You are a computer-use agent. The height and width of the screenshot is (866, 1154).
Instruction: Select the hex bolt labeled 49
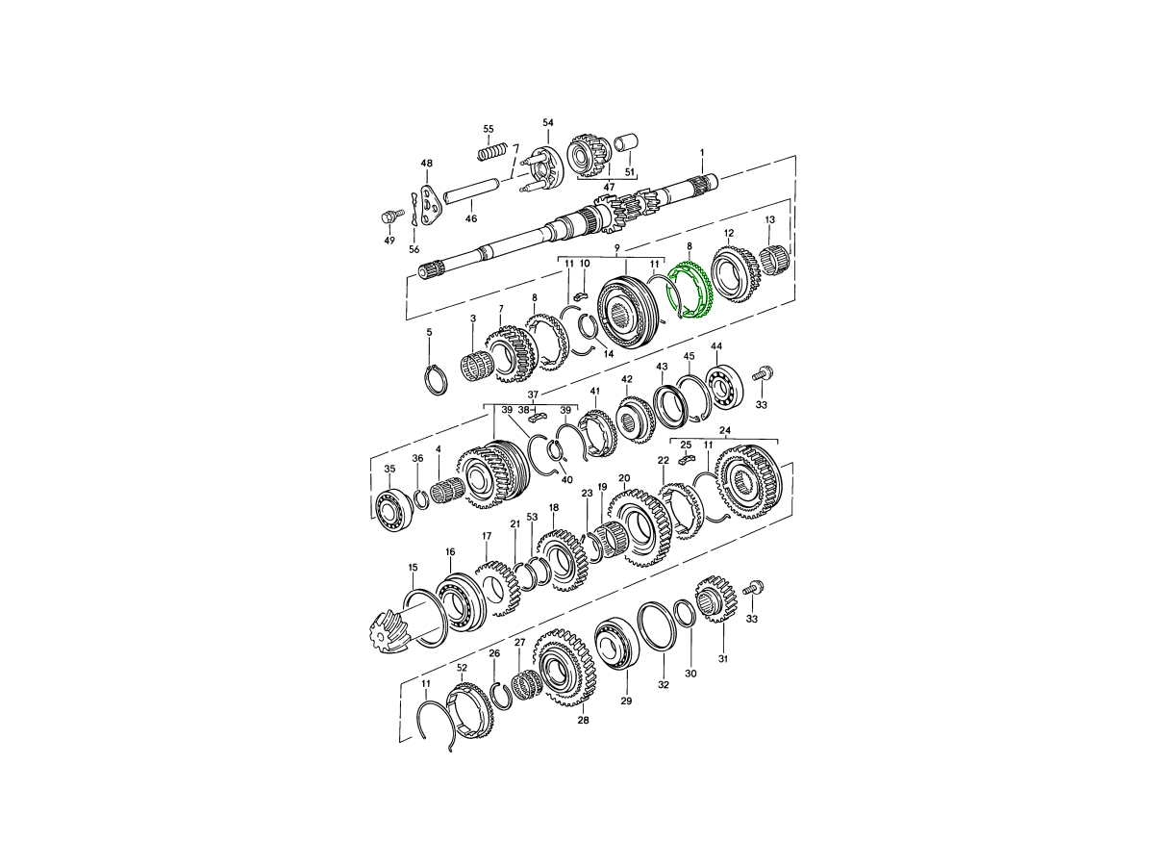pyautogui.click(x=390, y=216)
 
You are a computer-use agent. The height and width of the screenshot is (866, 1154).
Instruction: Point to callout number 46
pyautogui.click(x=471, y=218)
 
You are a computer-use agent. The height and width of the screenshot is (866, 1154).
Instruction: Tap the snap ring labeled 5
pyautogui.click(x=436, y=378)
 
